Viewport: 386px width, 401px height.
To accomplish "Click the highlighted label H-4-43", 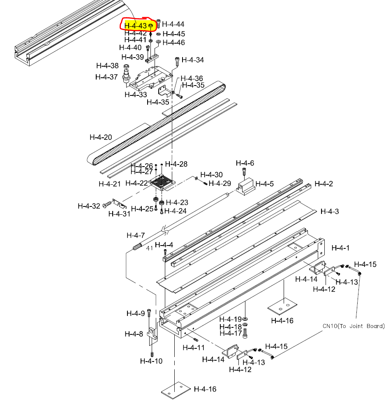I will (x=135, y=26).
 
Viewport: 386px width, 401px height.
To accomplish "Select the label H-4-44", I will (x=173, y=25).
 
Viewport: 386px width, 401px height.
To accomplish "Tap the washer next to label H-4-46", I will (x=158, y=42).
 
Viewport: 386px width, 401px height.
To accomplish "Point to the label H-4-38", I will (x=107, y=66).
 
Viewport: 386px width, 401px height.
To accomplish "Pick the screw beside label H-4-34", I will (x=177, y=60).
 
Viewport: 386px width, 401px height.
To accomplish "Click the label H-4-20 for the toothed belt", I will (x=101, y=137).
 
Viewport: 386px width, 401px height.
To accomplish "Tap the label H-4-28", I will (x=176, y=164).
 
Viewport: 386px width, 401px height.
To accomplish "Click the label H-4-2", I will (x=324, y=183).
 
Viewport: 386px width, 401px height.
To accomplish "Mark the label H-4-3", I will (x=330, y=211).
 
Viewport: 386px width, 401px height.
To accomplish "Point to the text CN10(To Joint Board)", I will (x=354, y=326).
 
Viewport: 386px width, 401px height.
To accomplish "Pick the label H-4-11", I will (x=193, y=348).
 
